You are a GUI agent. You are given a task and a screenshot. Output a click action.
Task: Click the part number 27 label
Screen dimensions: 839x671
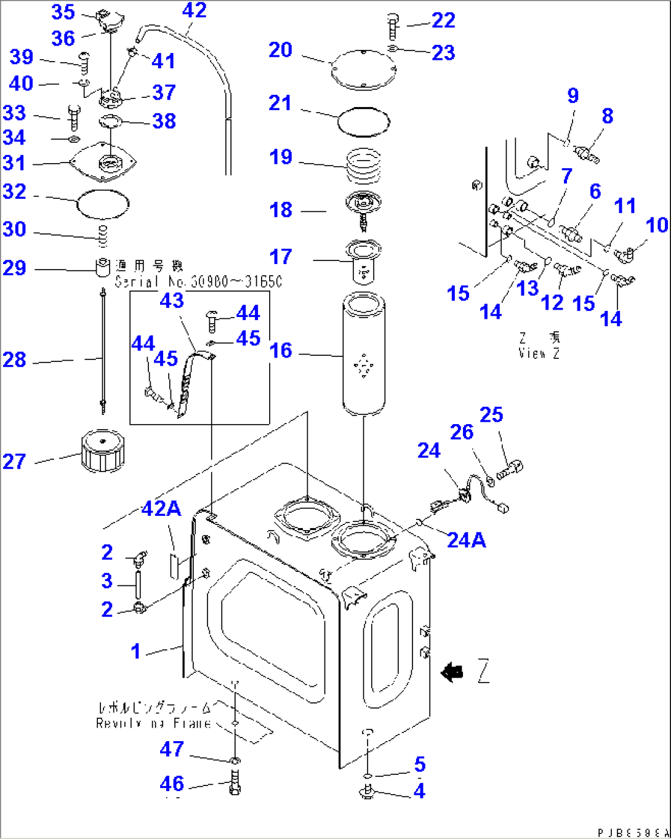(14, 461)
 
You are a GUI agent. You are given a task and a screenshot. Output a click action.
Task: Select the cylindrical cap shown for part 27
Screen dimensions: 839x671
(102, 451)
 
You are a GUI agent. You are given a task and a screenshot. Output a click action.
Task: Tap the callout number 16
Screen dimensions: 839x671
(281, 351)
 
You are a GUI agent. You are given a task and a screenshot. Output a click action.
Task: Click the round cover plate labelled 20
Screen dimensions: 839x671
(363, 70)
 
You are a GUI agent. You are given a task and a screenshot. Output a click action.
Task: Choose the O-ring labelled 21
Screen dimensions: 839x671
(364, 119)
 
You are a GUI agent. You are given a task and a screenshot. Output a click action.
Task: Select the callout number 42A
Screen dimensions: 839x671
(161, 508)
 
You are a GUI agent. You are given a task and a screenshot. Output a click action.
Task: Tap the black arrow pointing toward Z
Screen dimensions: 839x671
(453, 672)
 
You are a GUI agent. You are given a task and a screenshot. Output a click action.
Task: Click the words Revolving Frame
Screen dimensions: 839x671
(153, 723)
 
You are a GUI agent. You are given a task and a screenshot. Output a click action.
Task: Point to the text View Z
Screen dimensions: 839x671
(539, 353)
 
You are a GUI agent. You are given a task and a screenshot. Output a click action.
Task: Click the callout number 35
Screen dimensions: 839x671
(63, 12)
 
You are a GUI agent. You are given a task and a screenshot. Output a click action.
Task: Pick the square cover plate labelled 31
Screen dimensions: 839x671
(103, 162)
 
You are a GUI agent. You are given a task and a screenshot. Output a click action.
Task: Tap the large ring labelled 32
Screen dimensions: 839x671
(103, 204)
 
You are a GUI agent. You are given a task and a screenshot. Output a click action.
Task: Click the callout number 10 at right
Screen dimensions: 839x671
(657, 225)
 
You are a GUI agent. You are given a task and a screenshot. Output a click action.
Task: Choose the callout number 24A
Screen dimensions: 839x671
(466, 540)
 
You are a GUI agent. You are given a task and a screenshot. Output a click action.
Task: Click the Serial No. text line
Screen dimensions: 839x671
(198, 281)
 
